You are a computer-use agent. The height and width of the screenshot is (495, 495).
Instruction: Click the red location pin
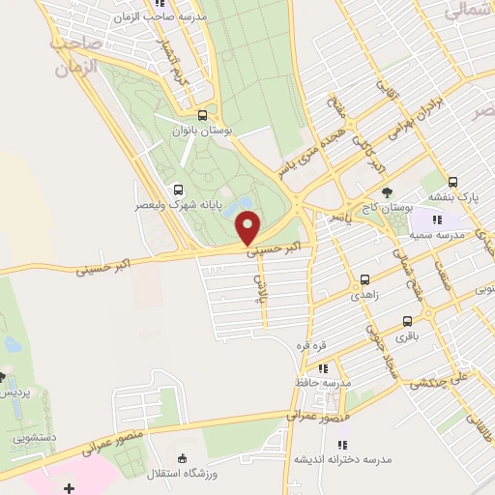click(249, 228)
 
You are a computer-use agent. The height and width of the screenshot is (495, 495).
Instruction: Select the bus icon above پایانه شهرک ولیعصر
click(176, 190)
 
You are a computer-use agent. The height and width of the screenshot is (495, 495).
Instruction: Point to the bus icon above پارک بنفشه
click(452, 182)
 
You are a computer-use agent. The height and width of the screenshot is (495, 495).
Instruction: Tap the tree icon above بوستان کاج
click(388, 191)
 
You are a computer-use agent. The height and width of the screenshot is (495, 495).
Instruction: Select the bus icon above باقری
click(407, 322)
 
